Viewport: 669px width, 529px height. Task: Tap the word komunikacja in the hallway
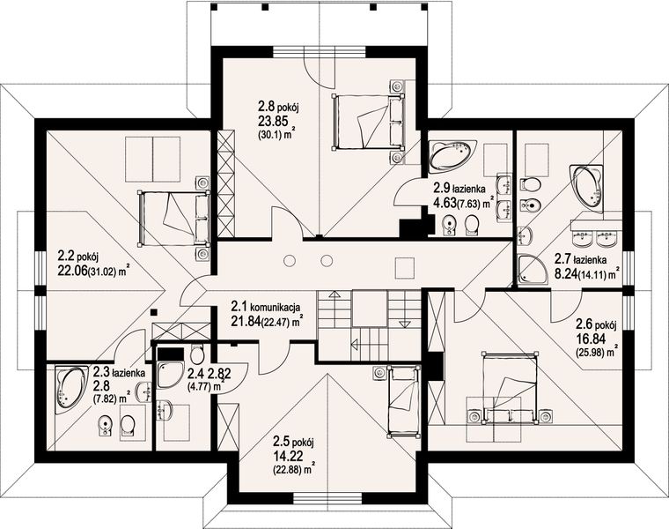pos(276,307)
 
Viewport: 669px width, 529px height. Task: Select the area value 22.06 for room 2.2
pos(71,270)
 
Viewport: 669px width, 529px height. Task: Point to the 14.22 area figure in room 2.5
pos(289,456)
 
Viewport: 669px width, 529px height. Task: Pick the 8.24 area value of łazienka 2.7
pos(564,273)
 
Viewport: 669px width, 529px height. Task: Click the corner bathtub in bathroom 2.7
pos(585,189)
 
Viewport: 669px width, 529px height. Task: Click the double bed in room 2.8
pos(367,122)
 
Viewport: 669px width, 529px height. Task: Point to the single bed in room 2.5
pos(403,402)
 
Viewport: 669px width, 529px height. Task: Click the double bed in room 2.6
pos(509,388)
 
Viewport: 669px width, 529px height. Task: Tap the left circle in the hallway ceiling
pos(290,260)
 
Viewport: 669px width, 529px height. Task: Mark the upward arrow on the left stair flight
pos(334,294)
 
